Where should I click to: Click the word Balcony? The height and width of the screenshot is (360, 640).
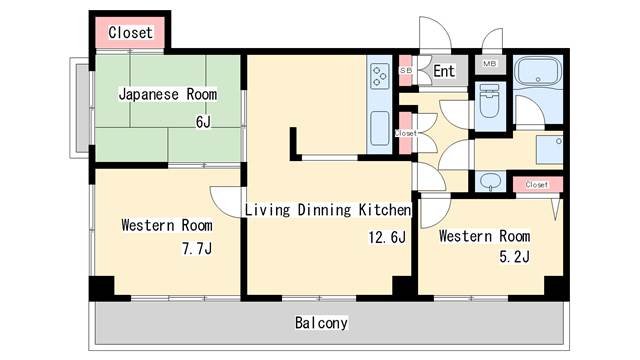[321, 323]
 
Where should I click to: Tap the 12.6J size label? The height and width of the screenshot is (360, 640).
[387, 237]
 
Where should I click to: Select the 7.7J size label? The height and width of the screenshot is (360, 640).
[197, 248]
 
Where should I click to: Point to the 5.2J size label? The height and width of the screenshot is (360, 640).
[514, 256]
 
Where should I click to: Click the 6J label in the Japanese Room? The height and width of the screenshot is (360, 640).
[203, 121]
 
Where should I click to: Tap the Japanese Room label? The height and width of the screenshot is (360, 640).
[168, 94]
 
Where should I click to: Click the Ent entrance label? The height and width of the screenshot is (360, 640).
[444, 71]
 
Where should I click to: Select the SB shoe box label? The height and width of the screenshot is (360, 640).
[406, 71]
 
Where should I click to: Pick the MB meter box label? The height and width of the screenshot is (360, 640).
[489, 64]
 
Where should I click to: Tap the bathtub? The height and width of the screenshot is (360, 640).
[538, 71]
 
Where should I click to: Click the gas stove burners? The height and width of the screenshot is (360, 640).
[379, 76]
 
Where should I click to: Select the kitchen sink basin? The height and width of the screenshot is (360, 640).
[380, 129]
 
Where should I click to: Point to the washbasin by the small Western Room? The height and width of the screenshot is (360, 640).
[490, 180]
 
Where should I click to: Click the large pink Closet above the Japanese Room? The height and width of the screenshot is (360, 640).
[130, 32]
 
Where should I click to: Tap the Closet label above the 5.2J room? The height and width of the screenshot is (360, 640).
[536, 184]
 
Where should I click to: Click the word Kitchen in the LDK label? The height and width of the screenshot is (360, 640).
[384, 210]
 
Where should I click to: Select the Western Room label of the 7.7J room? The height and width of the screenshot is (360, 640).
[167, 225]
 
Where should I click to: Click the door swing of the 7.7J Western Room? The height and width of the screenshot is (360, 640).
[226, 202]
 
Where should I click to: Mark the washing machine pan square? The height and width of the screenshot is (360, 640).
[549, 150]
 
